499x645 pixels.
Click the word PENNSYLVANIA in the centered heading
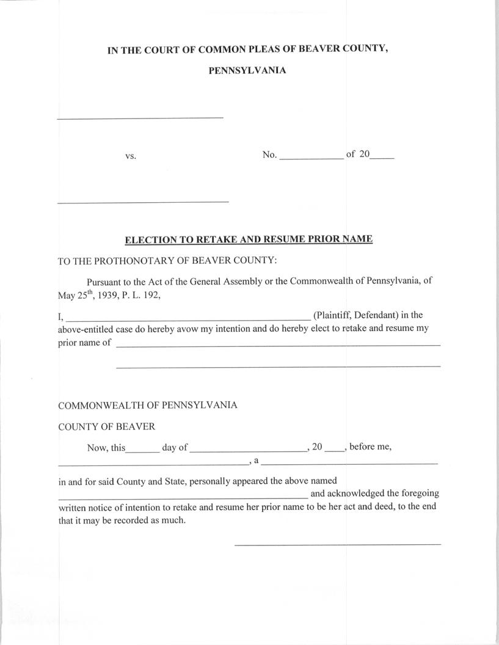coord(247,70)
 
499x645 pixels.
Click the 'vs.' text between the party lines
coord(131,156)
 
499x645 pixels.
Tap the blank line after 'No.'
coord(311,158)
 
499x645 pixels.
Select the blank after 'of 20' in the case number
coord(382,158)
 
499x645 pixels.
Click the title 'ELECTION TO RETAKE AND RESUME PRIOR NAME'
coord(249,239)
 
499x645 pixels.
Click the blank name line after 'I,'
coord(188,318)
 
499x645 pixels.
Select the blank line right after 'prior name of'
coord(278,345)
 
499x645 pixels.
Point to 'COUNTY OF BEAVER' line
coord(106,426)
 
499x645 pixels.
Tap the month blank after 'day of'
coord(248,451)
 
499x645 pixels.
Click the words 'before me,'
coord(370,446)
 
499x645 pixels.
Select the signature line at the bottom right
coord(337,543)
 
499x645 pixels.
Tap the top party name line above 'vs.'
coord(140,117)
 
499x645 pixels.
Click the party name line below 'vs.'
coord(143,202)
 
